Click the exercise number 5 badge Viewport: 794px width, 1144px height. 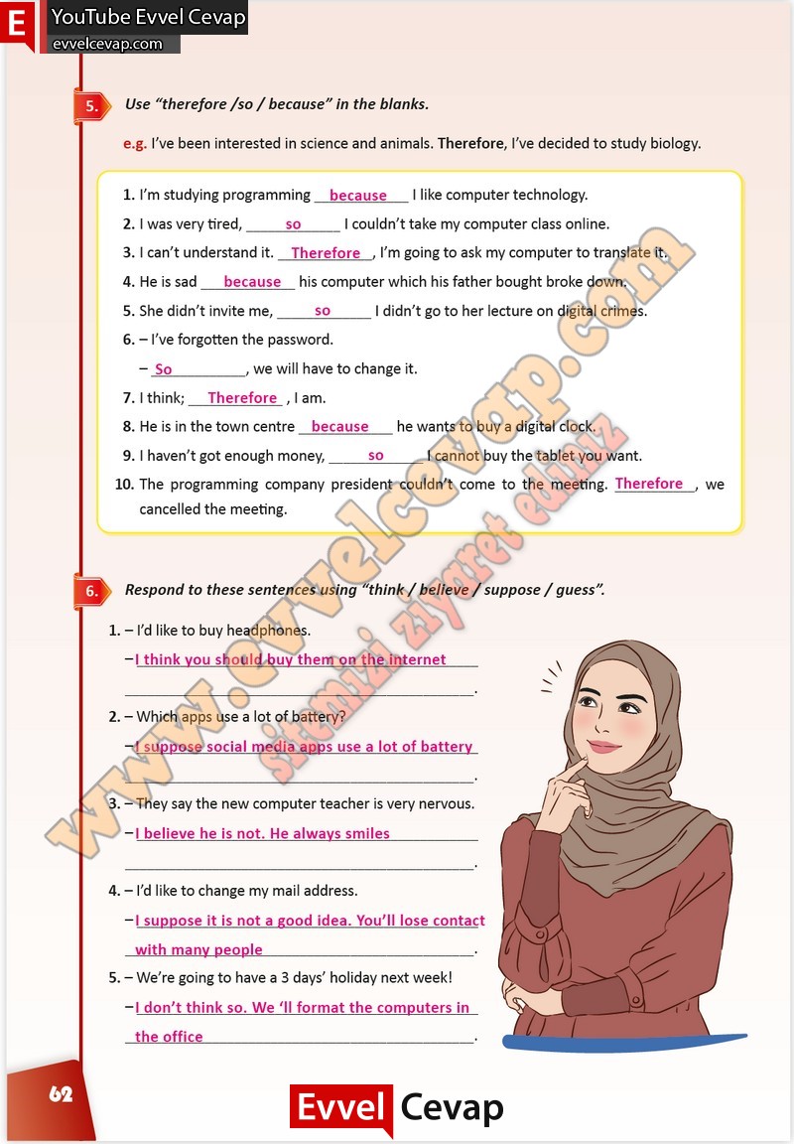click(90, 106)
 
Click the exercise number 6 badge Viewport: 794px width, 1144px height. click(90, 592)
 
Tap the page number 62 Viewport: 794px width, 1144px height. click(61, 1094)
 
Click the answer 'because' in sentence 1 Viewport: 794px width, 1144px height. click(357, 196)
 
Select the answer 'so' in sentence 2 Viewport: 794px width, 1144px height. click(293, 224)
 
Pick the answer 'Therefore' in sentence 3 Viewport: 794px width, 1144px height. click(326, 253)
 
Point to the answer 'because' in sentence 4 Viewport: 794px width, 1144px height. click(252, 282)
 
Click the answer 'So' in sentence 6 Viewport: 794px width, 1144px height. click(164, 369)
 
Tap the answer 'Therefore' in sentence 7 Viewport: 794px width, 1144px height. click(242, 398)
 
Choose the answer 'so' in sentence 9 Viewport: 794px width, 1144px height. click(375, 456)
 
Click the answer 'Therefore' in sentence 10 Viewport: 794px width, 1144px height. click(649, 484)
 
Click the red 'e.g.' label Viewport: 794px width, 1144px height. click(135, 143)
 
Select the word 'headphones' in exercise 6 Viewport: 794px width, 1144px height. click(268, 631)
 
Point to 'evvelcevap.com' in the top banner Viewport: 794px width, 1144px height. click(107, 44)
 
